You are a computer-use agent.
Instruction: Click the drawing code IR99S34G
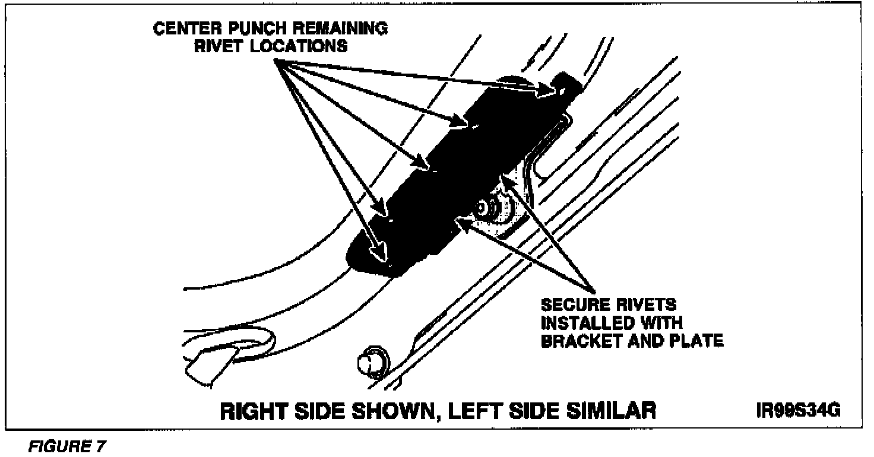(798, 410)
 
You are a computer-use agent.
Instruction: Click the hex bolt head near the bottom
(370, 360)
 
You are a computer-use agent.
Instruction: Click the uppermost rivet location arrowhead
(549, 90)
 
